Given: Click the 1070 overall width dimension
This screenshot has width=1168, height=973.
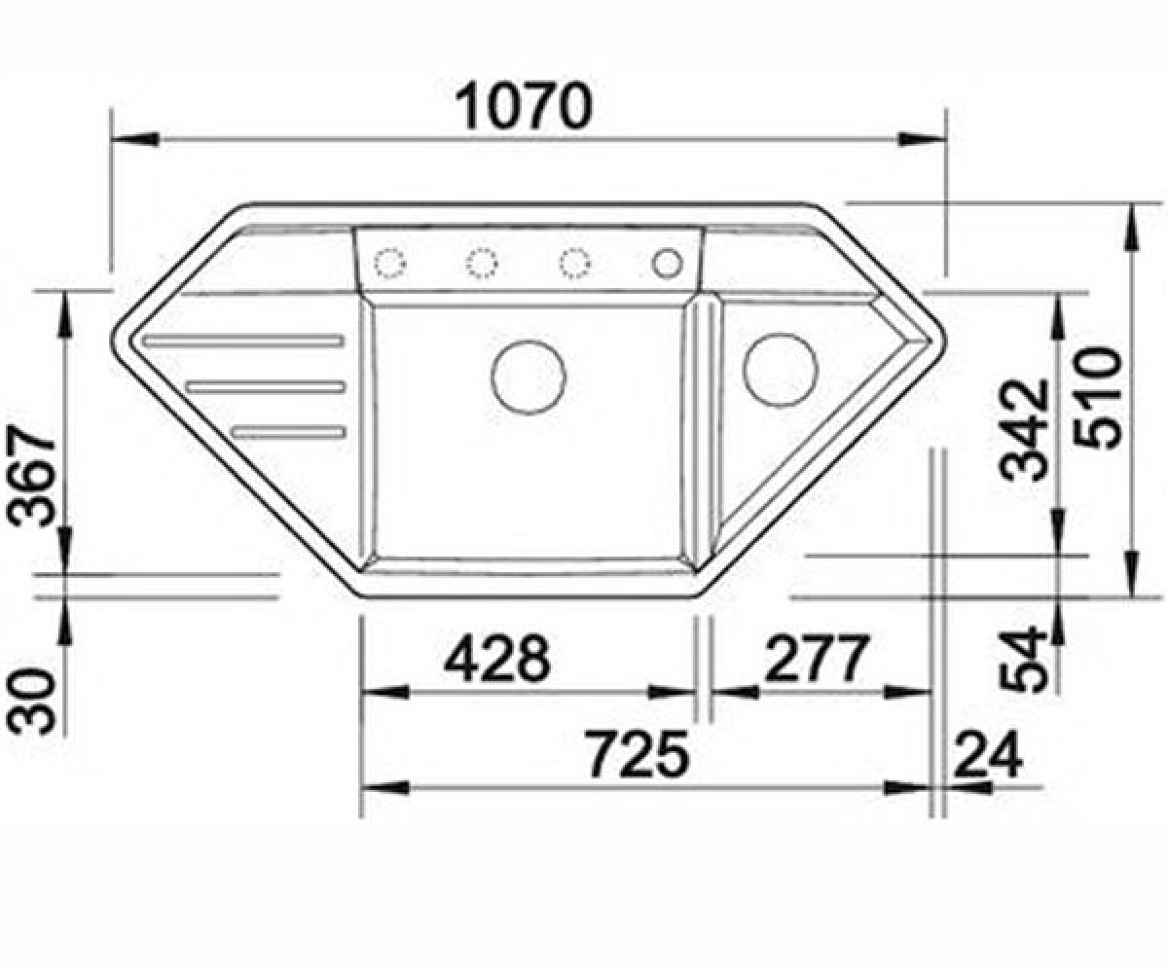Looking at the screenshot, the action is (x=525, y=106).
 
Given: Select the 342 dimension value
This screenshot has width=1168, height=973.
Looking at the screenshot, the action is (x=1024, y=431).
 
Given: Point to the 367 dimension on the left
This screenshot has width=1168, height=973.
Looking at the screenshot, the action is (x=32, y=477).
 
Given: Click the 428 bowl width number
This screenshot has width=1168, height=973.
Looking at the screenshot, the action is (x=497, y=658).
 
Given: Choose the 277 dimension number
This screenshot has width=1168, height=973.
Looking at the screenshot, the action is (x=818, y=658).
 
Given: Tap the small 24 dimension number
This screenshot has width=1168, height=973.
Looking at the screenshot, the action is (x=988, y=755).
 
